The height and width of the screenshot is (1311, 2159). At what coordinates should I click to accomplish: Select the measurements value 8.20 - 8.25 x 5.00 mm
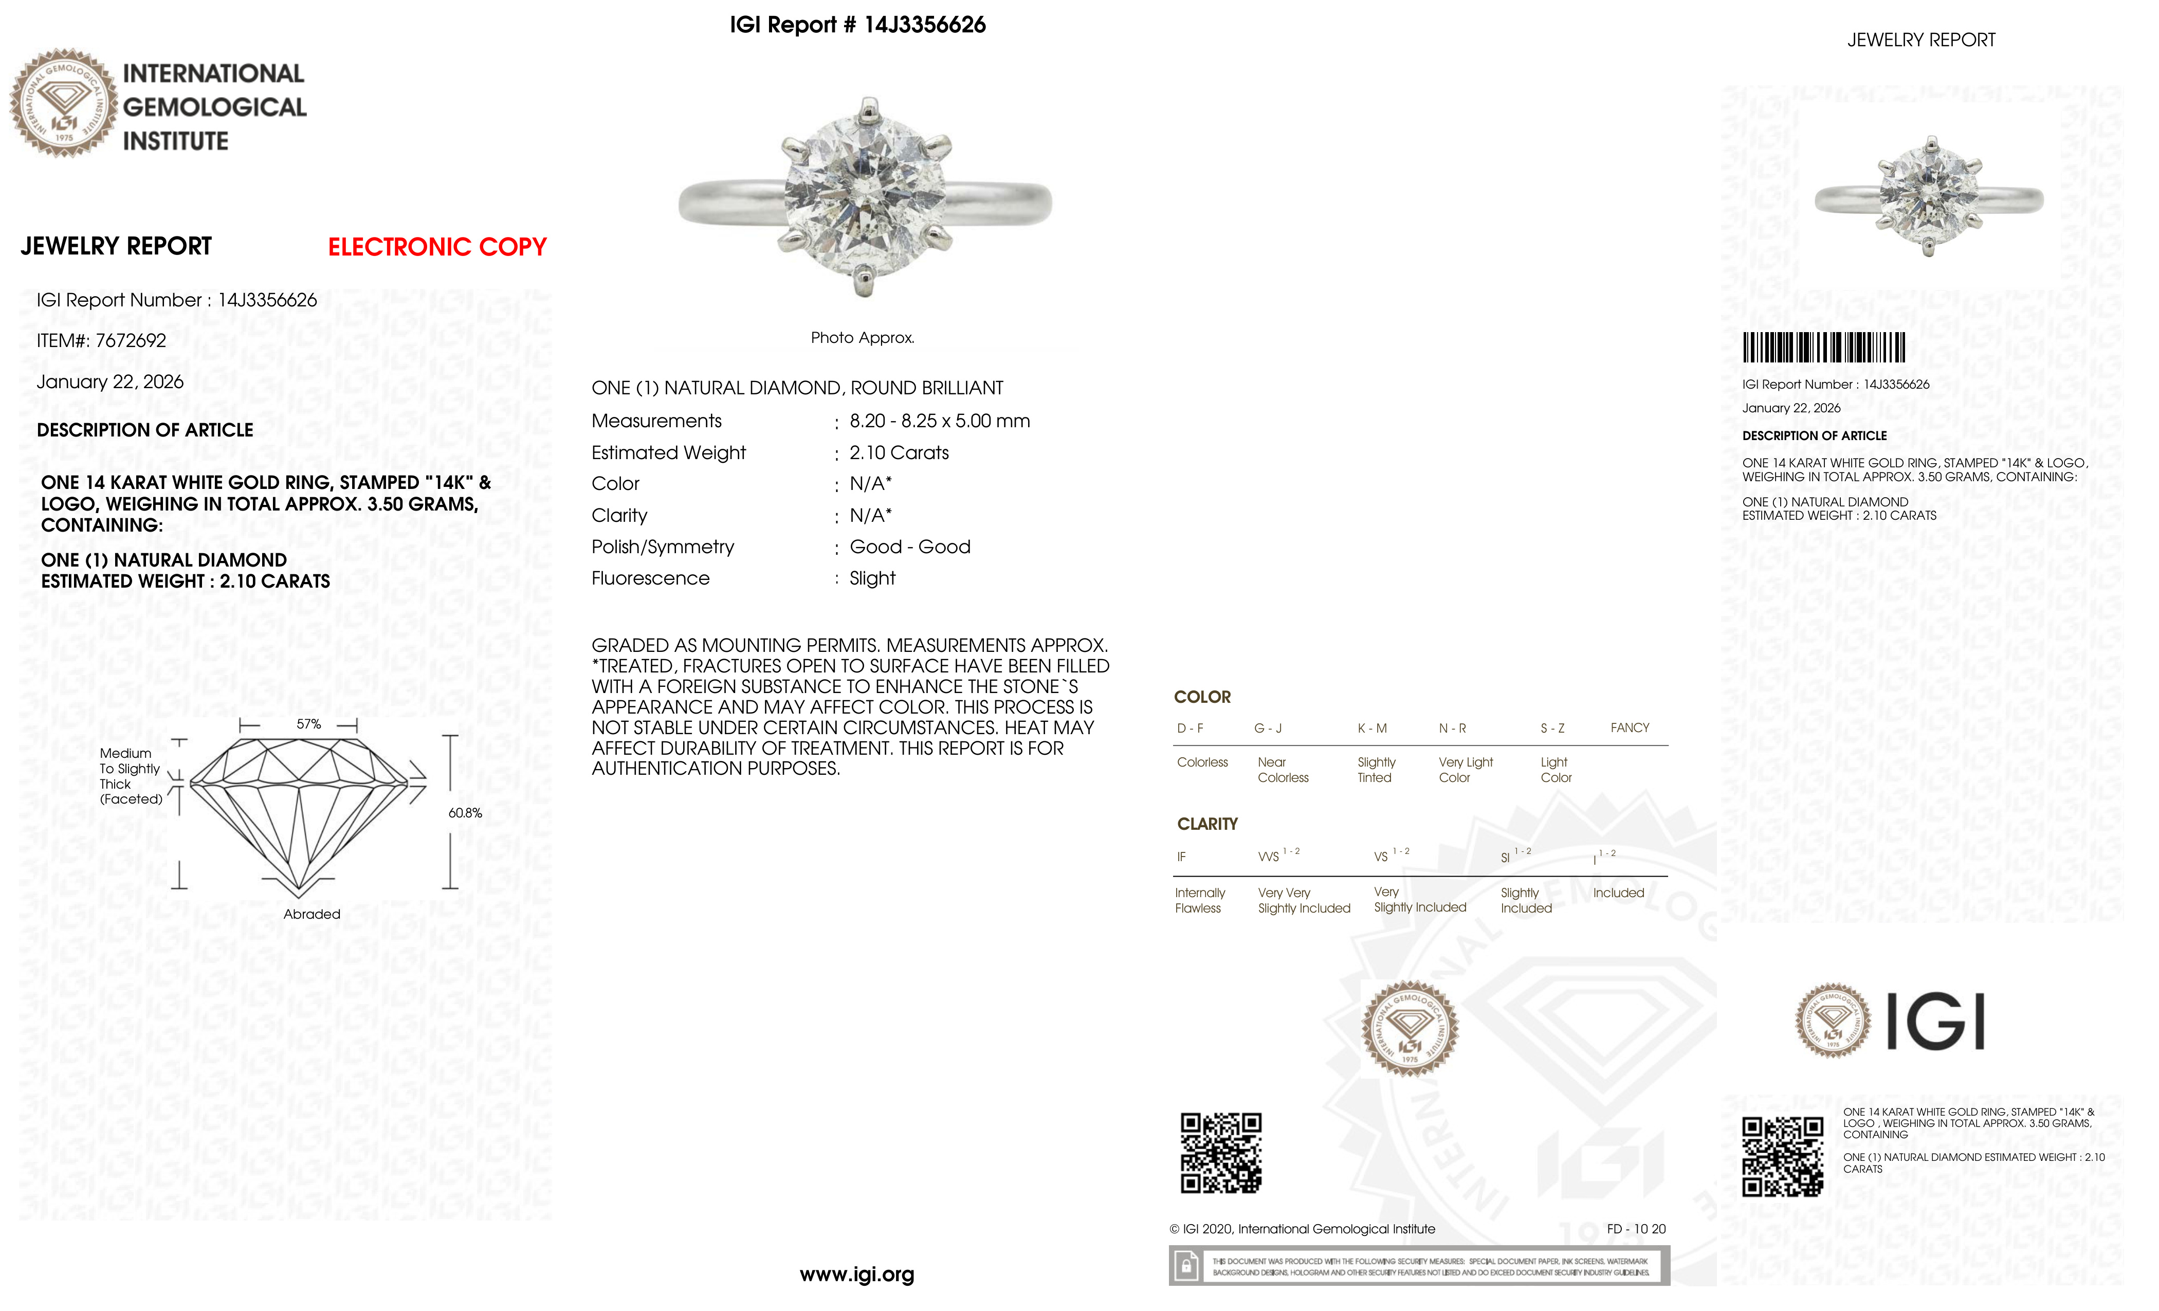click(x=939, y=422)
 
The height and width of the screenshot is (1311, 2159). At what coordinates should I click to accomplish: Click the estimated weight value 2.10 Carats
click(x=899, y=453)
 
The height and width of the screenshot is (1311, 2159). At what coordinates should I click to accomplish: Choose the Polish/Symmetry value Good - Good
click(x=909, y=548)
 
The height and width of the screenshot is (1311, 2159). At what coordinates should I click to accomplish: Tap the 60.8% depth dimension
click(x=465, y=813)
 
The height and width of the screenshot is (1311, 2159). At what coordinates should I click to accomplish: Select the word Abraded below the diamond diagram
click(x=312, y=914)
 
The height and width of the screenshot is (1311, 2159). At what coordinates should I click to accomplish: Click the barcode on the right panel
click(x=1823, y=348)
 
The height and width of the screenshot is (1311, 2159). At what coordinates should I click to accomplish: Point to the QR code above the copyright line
click(x=1220, y=1153)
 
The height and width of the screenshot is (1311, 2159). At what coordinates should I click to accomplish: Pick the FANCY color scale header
click(x=1629, y=728)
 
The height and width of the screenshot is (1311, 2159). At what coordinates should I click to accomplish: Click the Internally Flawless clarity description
click(x=1200, y=901)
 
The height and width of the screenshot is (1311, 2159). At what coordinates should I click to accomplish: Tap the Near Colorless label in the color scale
click(x=1283, y=770)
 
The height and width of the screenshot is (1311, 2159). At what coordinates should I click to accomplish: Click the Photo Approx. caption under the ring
click(x=862, y=338)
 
